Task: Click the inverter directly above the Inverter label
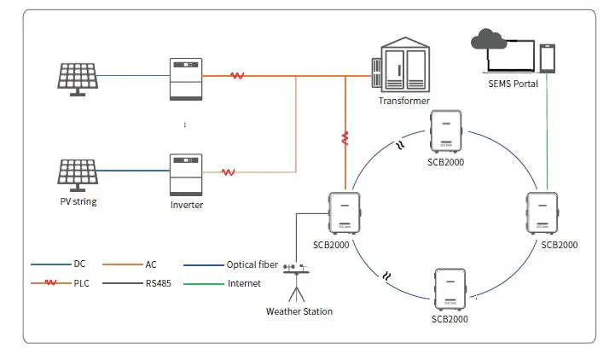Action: (x=186, y=174)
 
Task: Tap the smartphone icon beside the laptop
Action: (x=548, y=58)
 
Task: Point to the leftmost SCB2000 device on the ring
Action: (x=345, y=212)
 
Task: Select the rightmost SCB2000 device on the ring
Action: (x=542, y=213)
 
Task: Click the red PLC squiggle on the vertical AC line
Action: (x=345, y=137)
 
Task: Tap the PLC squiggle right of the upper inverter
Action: (x=237, y=76)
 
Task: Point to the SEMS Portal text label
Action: (x=511, y=84)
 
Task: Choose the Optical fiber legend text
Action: (x=253, y=265)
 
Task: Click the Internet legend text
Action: (x=244, y=283)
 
